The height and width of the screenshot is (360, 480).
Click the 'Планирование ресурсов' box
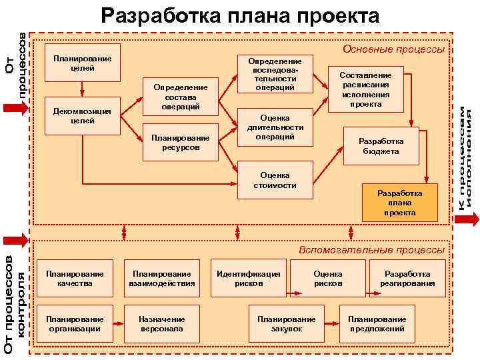click(x=181, y=142)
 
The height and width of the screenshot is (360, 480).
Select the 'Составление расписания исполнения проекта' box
click(x=365, y=90)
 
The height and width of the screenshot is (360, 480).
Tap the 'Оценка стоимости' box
click(x=275, y=181)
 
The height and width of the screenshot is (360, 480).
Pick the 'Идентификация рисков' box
click(x=249, y=279)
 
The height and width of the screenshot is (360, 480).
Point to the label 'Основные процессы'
click(x=393, y=49)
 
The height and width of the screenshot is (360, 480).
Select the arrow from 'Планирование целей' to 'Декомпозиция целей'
click(x=81, y=89)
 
